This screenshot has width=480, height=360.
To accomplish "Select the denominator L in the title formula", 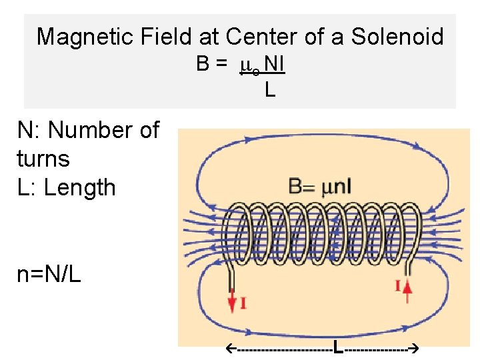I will (269, 89).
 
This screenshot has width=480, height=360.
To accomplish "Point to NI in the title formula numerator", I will (274, 64).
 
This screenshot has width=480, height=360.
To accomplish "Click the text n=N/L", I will (49, 274).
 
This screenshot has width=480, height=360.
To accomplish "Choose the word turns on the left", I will (43, 159).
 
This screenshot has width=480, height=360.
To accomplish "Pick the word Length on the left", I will (79, 187).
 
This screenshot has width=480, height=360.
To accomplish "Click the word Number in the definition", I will (93, 130).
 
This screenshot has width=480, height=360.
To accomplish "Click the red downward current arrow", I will (232, 302).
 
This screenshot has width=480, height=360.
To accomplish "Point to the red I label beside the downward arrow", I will (243, 303).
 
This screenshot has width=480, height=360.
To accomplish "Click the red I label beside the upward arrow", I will (397, 286).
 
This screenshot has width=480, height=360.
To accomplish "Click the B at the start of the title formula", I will (203, 64).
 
